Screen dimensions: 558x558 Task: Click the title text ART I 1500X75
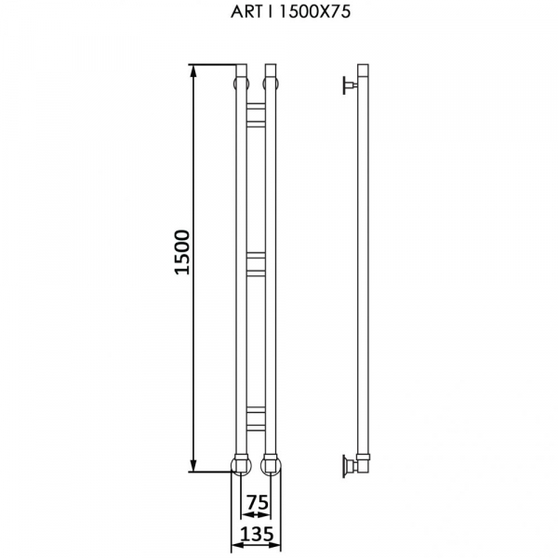pos(290,12)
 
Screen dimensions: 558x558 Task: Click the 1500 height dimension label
pos(182,252)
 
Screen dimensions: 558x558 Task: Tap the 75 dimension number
pos(258,502)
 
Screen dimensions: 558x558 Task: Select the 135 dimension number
pos(257,534)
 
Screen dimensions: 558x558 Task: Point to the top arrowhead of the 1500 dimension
pos(193,72)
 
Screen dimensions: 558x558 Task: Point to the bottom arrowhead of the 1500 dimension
pos(193,465)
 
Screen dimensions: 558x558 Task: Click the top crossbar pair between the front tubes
pos(257,114)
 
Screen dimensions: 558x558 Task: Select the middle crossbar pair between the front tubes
pos(257,264)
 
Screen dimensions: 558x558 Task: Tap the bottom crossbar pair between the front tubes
pos(257,418)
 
